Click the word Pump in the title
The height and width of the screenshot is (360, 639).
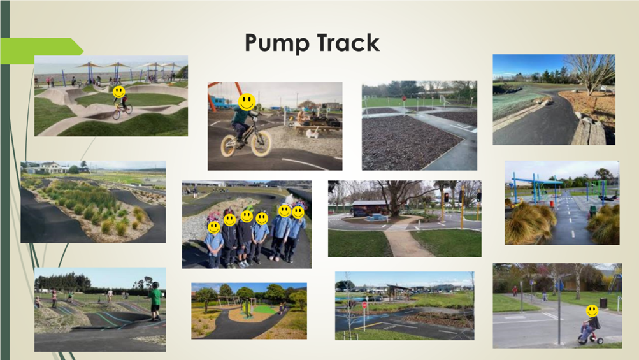pyautogui.click(x=278, y=43)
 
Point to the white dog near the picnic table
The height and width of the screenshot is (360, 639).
pyautogui.click(x=312, y=132)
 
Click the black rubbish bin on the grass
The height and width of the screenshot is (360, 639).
pyautogui.click(x=603, y=303)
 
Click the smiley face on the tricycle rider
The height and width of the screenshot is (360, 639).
pyautogui.click(x=592, y=311)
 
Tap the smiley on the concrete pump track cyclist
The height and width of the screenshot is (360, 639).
pyautogui.click(x=119, y=92)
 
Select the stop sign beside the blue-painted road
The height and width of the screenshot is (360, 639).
pyautogui.click(x=365, y=305)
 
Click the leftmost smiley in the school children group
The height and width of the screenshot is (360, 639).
pyautogui.click(x=213, y=227)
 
